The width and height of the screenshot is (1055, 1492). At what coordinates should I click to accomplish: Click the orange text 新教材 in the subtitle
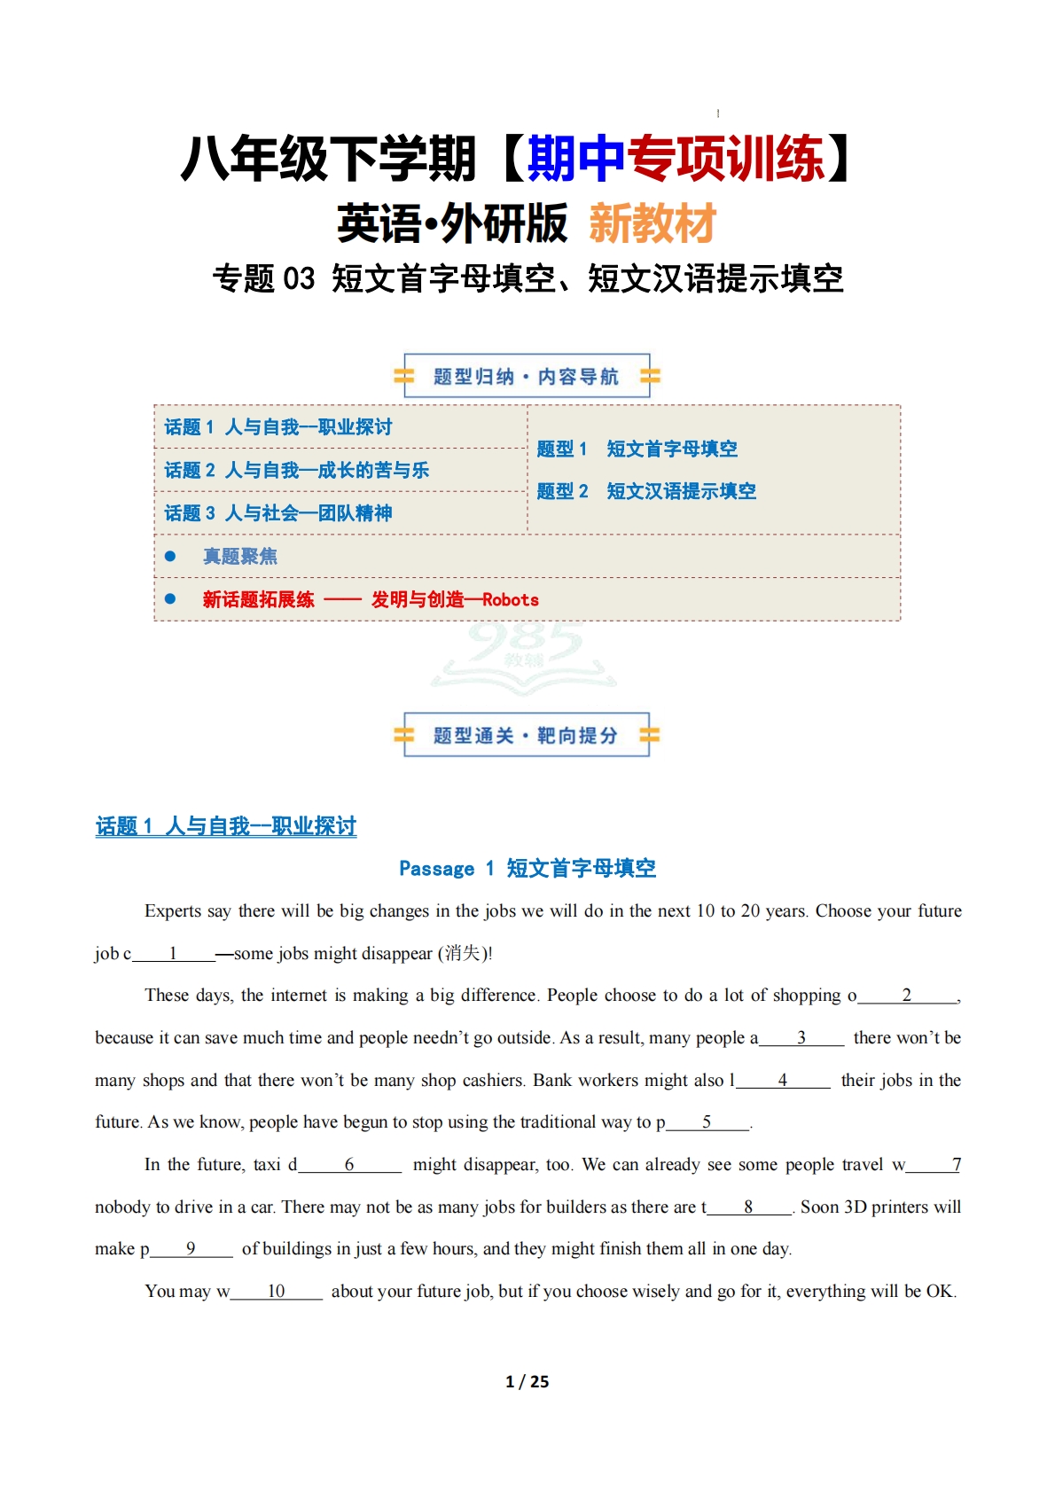[653, 223]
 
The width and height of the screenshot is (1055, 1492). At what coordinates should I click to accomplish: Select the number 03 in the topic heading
[299, 279]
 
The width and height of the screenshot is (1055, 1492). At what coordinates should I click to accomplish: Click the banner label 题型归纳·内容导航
[526, 377]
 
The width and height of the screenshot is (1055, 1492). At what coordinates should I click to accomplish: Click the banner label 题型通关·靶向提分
[526, 736]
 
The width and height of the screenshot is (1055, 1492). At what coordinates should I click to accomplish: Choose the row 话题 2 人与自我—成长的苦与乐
[297, 470]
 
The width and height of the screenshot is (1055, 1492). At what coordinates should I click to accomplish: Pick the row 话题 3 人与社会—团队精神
[278, 513]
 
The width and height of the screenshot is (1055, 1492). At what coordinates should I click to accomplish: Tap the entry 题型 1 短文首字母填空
[637, 449]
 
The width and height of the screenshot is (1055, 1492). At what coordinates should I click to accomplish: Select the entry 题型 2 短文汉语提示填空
[646, 491]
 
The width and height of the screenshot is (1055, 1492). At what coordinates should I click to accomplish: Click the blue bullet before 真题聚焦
[170, 556]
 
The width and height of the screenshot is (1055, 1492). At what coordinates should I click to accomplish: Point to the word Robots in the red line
[511, 599]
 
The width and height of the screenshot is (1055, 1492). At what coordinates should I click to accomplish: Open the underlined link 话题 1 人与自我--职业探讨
[226, 826]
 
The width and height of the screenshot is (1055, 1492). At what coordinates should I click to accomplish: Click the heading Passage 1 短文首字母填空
[527, 868]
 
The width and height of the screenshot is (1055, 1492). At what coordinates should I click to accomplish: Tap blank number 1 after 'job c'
[174, 953]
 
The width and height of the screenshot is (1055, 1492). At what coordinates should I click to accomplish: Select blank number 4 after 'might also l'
[783, 1080]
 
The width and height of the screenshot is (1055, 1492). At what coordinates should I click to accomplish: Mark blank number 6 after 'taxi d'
[349, 1164]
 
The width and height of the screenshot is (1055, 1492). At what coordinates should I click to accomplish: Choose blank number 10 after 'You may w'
[276, 1291]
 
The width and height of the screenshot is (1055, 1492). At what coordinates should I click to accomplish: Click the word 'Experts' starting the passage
[172, 910]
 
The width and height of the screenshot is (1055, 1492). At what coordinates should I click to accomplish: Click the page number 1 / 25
[527, 1381]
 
